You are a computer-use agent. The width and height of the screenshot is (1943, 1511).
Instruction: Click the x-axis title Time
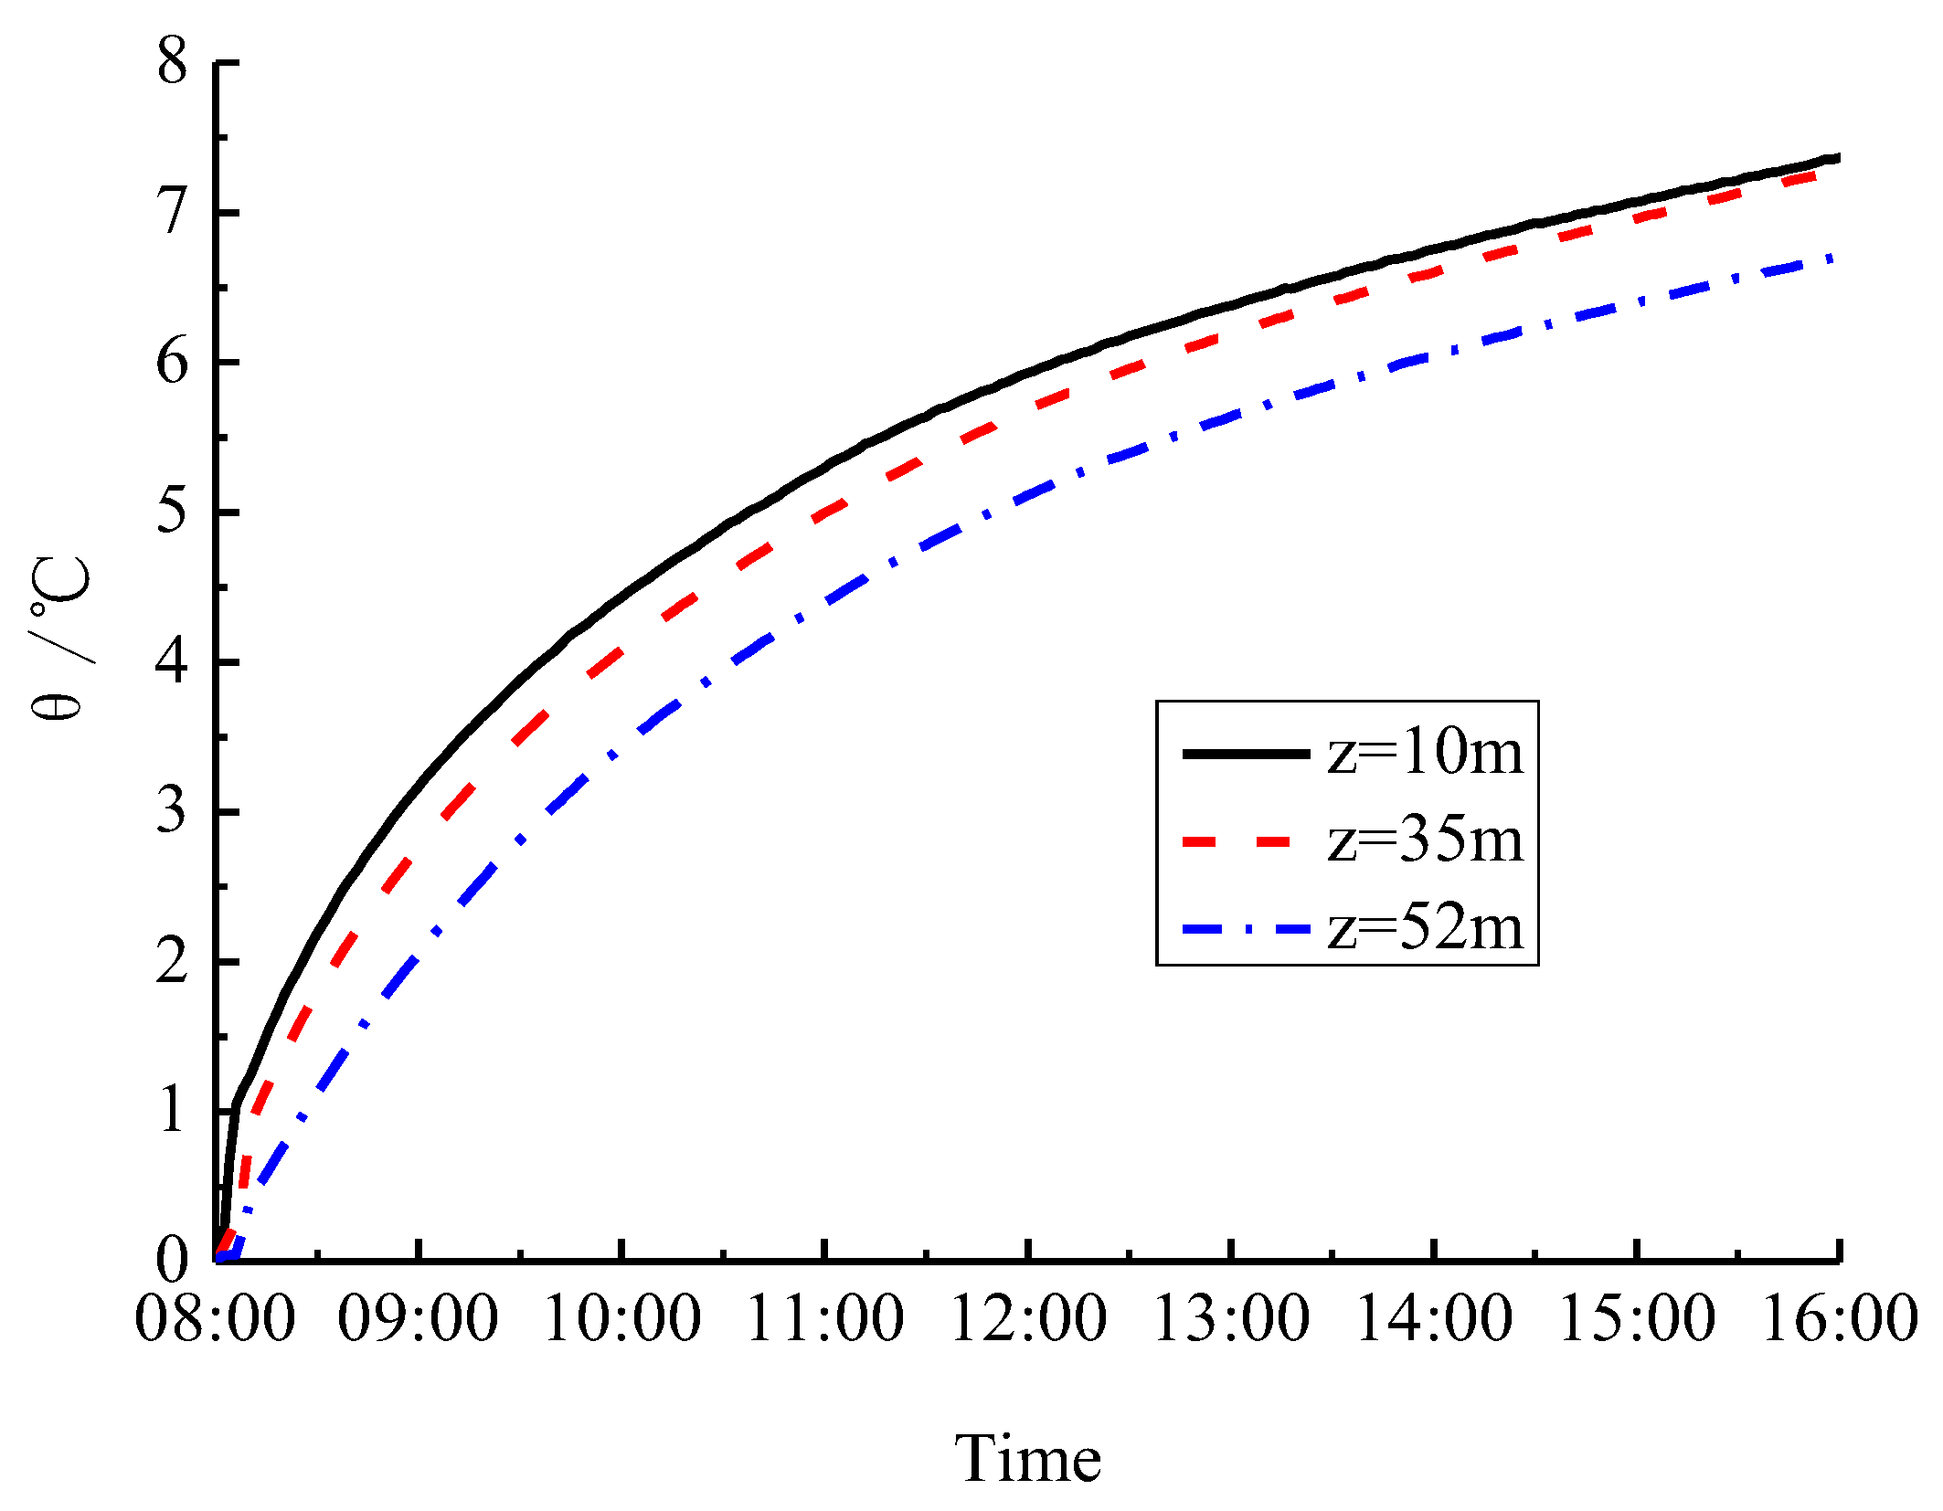[1027, 1458]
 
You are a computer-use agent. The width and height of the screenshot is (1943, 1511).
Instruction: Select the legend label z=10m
[1425, 753]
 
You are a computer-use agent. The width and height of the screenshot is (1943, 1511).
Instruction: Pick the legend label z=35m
[1425, 840]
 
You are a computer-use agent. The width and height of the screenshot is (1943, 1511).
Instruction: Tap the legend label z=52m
[1425, 928]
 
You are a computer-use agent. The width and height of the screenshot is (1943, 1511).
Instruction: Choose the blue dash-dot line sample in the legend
[1246, 929]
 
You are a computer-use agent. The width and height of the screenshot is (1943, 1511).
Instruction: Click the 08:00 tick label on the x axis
[215, 1319]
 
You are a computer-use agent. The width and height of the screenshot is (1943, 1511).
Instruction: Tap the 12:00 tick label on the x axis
[1028, 1319]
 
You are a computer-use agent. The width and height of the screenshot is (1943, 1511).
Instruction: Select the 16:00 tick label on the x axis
[1839, 1319]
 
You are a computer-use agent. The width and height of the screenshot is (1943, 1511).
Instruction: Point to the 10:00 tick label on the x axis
[621, 1319]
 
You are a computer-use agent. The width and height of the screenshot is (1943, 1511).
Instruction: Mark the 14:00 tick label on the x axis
[1434, 1319]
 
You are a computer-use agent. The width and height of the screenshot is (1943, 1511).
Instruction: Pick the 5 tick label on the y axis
[172, 512]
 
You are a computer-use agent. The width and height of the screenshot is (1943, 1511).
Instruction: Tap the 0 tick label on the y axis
[172, 1259]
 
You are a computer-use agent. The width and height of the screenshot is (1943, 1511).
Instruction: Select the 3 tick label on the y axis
[172, 811]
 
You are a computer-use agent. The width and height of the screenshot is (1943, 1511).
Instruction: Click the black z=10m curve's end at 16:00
[1836, 158]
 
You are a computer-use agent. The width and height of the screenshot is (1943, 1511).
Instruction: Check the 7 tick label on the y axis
[172, 212]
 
